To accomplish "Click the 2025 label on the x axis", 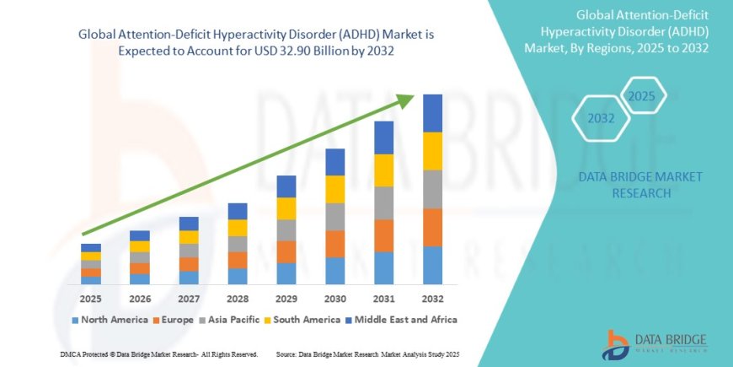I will coord(91,299).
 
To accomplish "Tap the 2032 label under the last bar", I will coord(433,299).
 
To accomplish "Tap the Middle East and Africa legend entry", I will coord(400,320).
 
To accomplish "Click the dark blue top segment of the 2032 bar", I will coord(433,113).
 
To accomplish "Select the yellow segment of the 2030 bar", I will coord(335,189).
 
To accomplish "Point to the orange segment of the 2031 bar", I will coord(384,235).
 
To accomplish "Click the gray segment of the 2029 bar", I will coord(286,229).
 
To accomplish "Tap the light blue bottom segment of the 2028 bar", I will coord(238,276).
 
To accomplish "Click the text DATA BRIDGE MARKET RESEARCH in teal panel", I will coord(641,184).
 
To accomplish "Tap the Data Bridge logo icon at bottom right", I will coord(618,343).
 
